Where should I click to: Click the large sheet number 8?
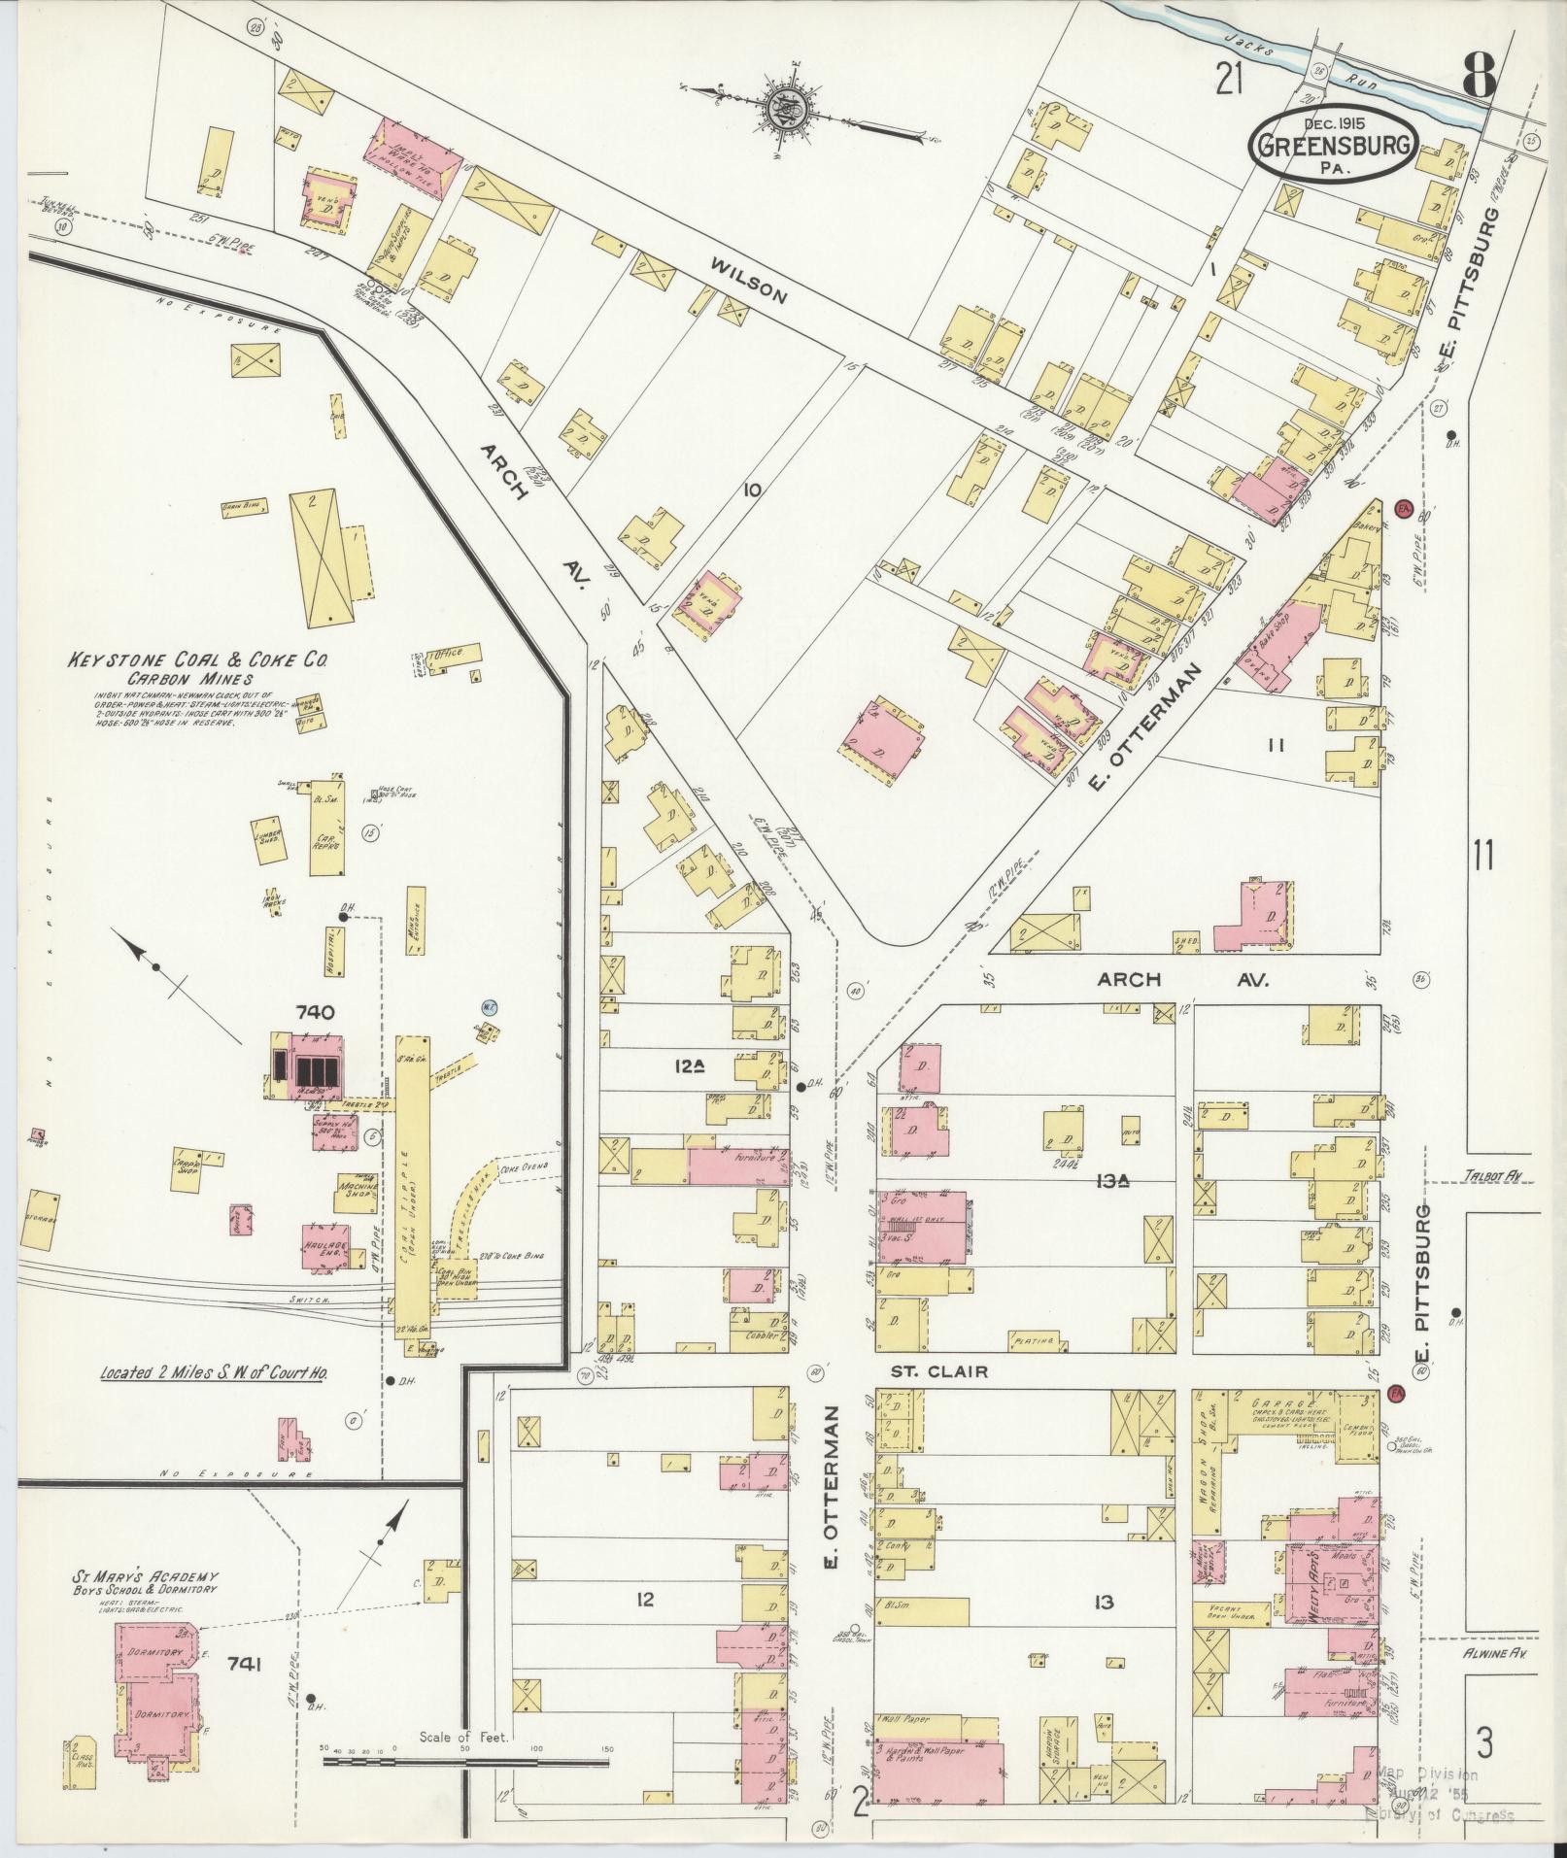point(1479,74)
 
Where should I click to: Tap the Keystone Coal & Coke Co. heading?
point(196,660)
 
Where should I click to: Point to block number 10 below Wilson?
point(750,490)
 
